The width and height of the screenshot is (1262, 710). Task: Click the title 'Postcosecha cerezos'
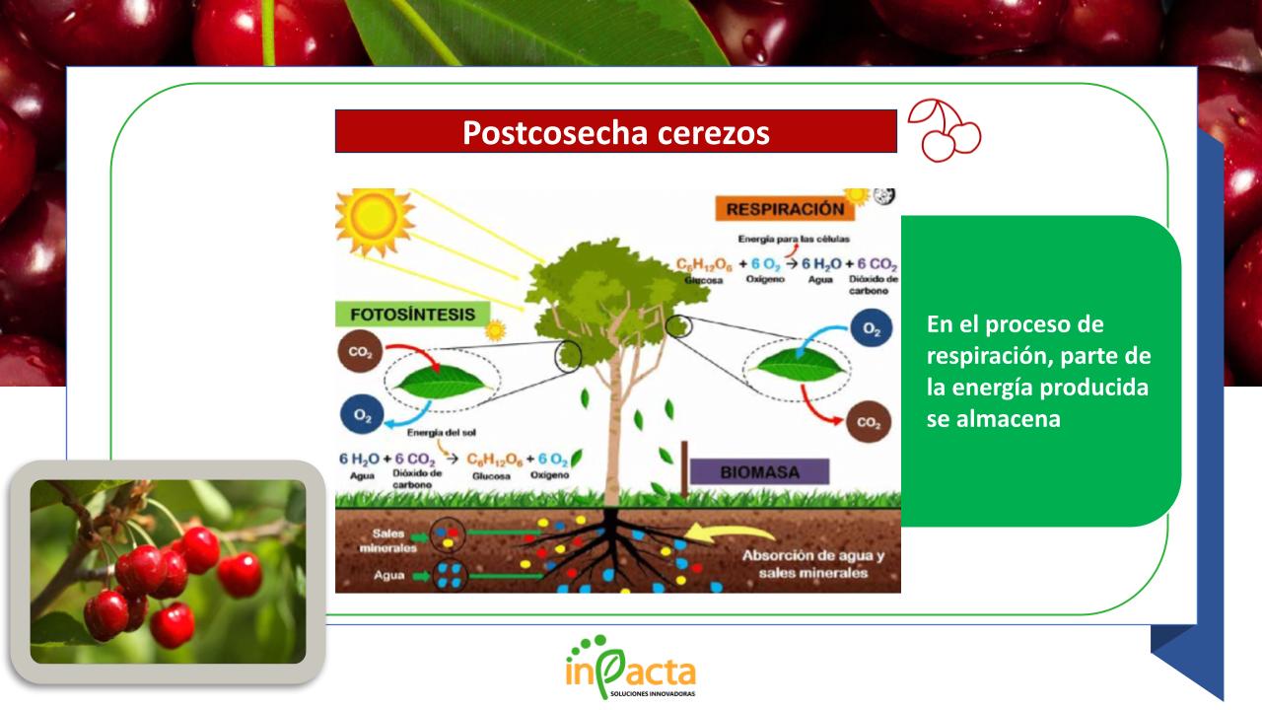coord(615,132)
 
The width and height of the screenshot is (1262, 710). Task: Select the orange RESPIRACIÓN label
coord(785,209)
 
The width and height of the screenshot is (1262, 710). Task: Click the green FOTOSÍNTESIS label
coord(412,315)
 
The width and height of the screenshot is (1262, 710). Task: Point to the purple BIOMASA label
coord(759,471)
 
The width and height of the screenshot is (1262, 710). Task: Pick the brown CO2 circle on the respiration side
coord(869,423)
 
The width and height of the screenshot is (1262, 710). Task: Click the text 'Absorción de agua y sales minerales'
coord(812,563)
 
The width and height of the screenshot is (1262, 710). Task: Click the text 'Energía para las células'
coord(794,240)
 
